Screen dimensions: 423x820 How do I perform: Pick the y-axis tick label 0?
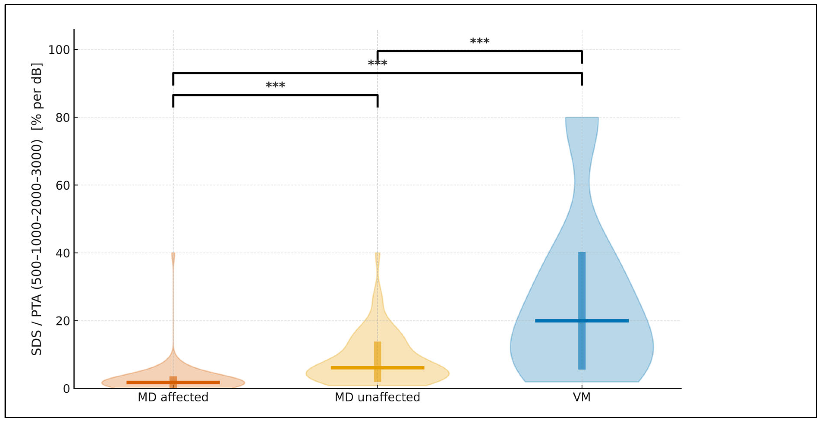pyautogui.click(x=66, y=389)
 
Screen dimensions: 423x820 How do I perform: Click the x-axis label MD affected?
pyautogui.click(x=173, y=397)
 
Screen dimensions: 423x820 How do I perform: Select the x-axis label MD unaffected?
pyautogui.click(x=377, y=397)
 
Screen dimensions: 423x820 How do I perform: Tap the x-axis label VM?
pyautogui.click(x=582, y=397)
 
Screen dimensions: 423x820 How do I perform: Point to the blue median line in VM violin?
pyautogui.click(x=554, y=321)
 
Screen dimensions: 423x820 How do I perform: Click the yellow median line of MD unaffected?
pyautogui.click(x=350, y=368)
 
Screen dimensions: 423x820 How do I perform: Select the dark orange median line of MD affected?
pyautogui.click(x=146, y=382)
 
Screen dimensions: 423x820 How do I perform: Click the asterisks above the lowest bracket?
pyautogui.click(x=275, y=86)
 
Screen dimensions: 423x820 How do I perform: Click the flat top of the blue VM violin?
pyautogui.click(x=582, y=118)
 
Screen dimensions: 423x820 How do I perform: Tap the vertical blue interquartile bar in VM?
pyautogui.click(x=582, y=286)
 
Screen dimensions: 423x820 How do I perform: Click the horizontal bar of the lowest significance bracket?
pyautogui.click(x=275, y=95)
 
